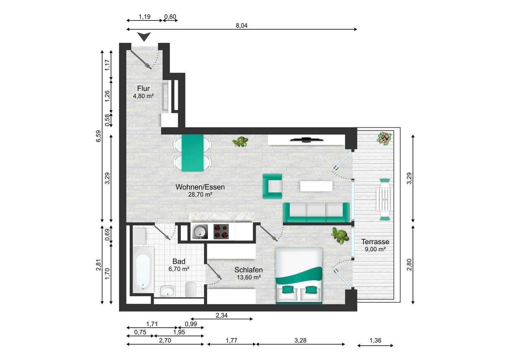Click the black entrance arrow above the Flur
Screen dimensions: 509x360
(144, 36)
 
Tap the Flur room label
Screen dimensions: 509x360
(144, 88)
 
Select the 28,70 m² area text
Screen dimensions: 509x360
(200, 194)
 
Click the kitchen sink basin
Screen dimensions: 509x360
(200, 232)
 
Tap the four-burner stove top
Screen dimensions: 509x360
(221, 232)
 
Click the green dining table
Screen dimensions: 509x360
(193, 153)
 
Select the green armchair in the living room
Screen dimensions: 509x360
(273, 186)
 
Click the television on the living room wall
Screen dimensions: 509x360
(306, 140)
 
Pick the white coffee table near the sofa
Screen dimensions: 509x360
(316, 186)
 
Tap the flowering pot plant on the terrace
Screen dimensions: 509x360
(384, 138)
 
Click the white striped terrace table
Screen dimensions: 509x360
(384, 199)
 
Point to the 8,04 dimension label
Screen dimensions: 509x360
(241, 25)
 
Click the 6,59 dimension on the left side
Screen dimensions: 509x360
(99, 136)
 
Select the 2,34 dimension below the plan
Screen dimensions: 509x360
(222, 315)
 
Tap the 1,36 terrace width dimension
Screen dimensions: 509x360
(375, 340)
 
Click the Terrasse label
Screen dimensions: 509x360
(375, 242)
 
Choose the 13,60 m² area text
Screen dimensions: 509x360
(248, 277)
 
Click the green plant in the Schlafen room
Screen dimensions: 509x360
(340, 236)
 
